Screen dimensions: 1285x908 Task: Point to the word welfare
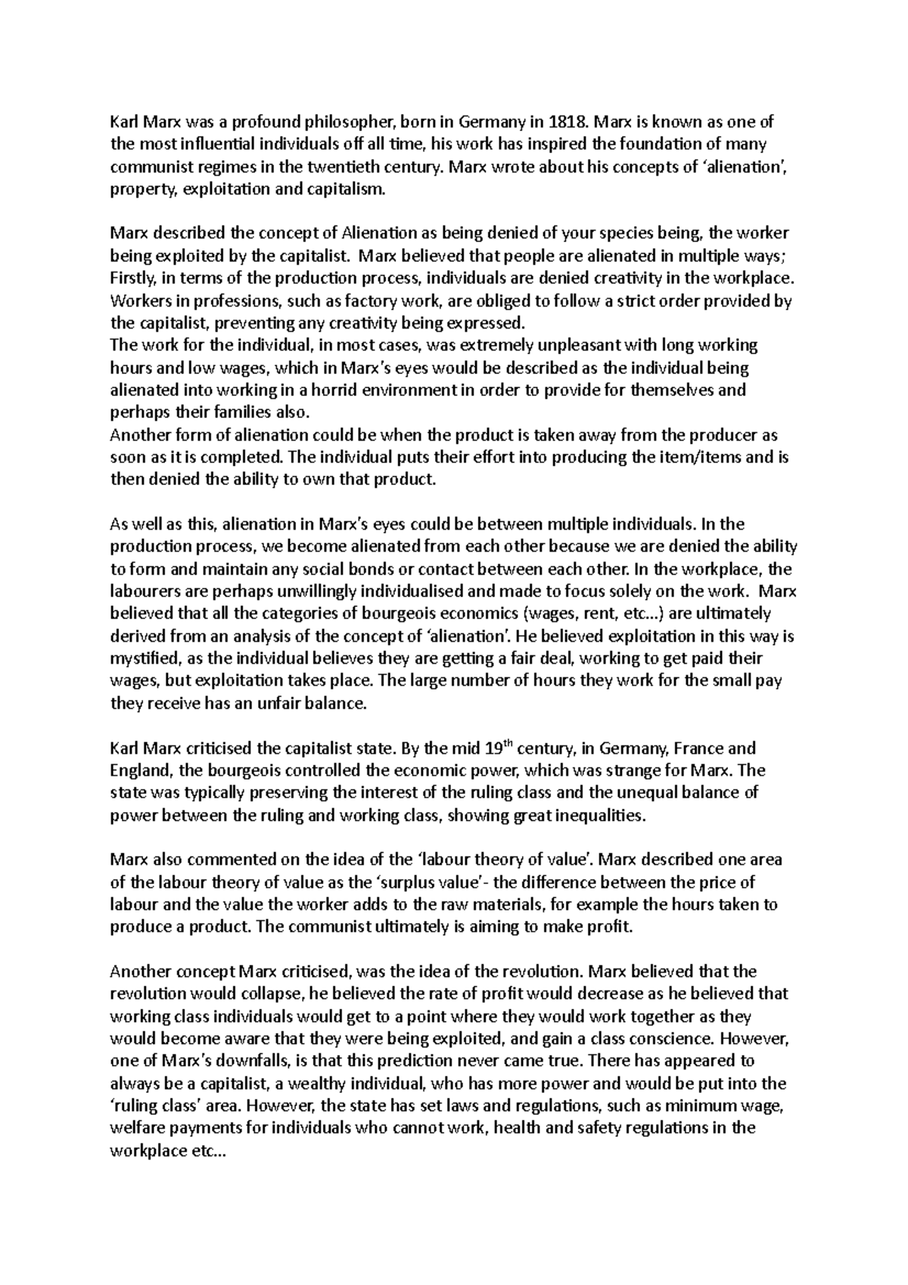click(x=136, y=1127)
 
